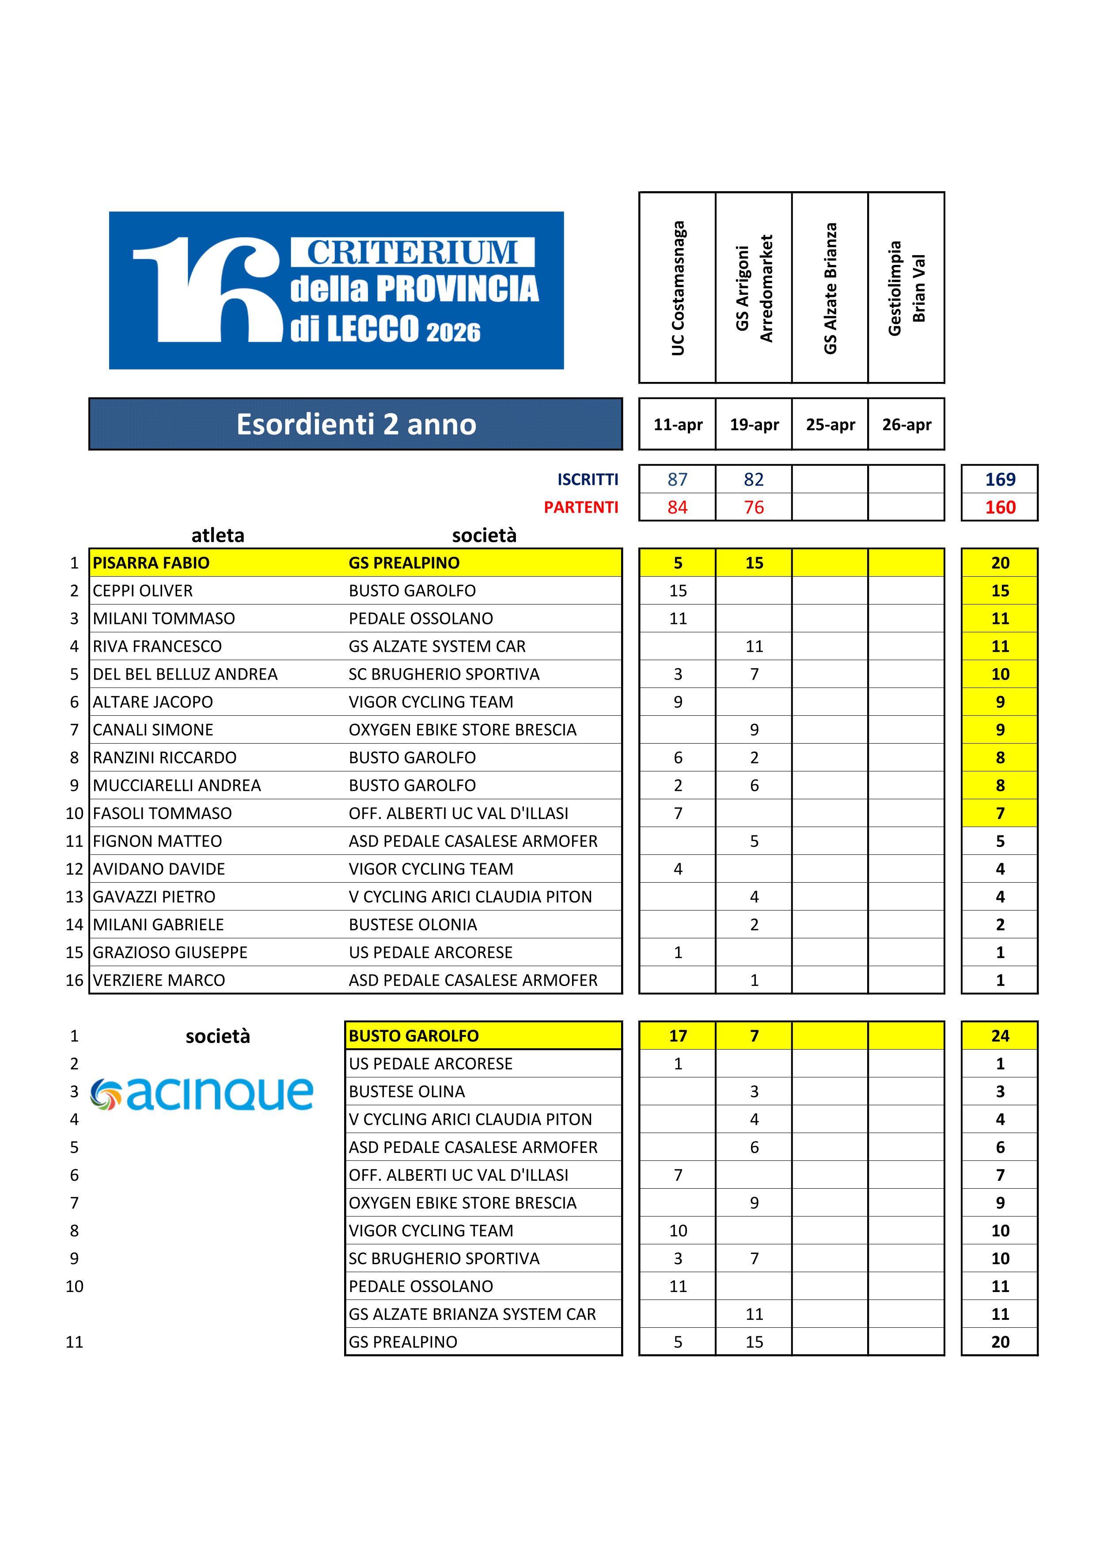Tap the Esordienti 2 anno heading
[x=356, y=424]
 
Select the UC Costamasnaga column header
[x=678, y=287]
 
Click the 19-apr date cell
[x=754, y=424]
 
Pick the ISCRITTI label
[x=587, y=480]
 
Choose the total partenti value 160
[x=1000, y=507]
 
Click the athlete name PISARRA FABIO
[x=151, y=563]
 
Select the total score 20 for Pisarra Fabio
[x=1000, y=563]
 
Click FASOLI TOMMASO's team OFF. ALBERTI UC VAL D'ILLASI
[x=458, y=814]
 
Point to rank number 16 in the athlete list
[x=74, y=980]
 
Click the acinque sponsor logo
[x=201, y=1094]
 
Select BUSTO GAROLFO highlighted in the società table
[x=413, y=1035]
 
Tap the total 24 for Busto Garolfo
[x=1000, y=1035]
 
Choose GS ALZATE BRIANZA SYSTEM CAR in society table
[x=472, y=1314]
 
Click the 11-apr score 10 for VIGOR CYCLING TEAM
[x=678, y=1231]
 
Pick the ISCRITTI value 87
[x=678, y=480]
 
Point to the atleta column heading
[x=217, y=536]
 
